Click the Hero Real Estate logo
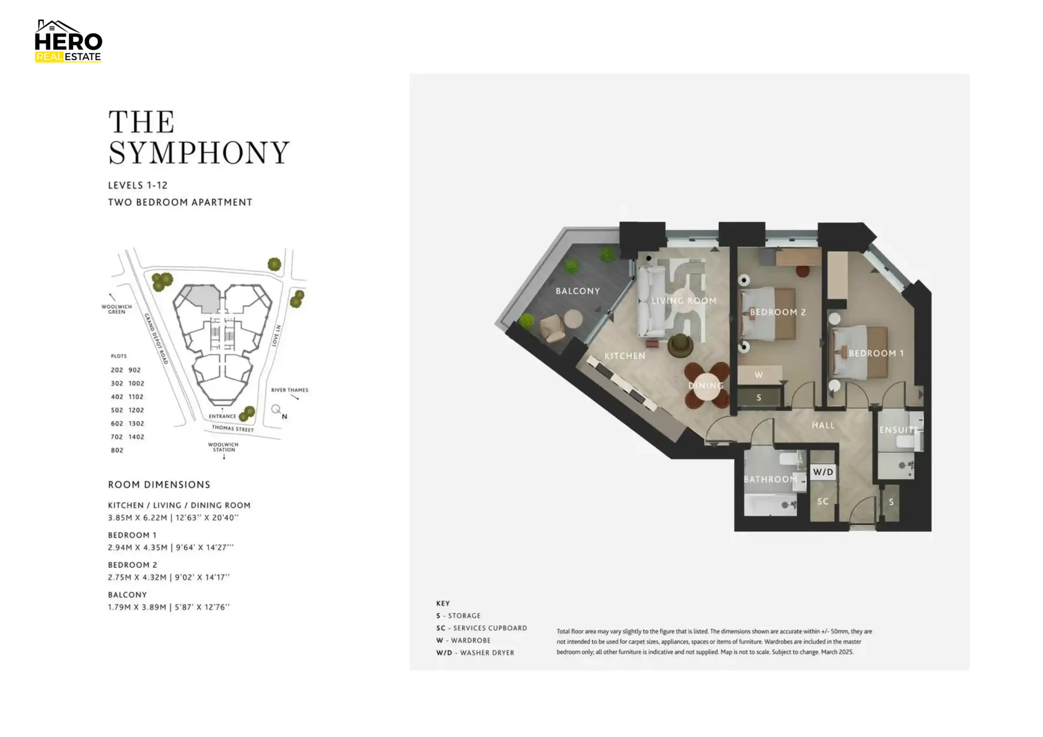point(68,41)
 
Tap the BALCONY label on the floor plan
point(577,291)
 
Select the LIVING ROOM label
point(684,301)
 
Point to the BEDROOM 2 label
point(777,312)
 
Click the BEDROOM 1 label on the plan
point(876,353)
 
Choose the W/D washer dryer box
point(823,472)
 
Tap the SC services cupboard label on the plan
point(823,501)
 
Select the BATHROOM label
point(770,479)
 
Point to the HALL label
point(823,426)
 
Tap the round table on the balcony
point(573,319)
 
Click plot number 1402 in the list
point(136,437)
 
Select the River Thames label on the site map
point(289,390)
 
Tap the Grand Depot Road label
point(156,339)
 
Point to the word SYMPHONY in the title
point(199,153)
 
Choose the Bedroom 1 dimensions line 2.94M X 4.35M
point(171,548)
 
